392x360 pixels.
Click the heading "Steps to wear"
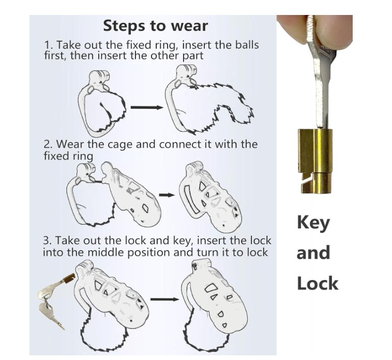point(155,26)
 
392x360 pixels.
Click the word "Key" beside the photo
point(313,223)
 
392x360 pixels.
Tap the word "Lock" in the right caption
point(317,283)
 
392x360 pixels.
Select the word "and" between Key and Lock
point(313,253)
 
